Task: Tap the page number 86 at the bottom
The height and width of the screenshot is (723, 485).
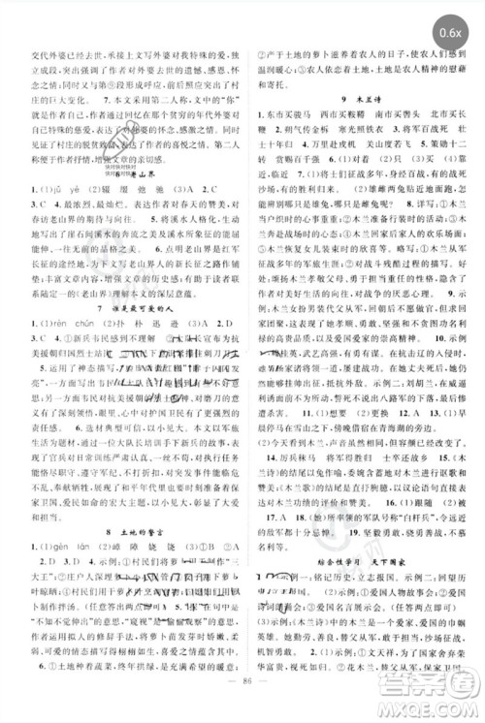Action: [242, 706]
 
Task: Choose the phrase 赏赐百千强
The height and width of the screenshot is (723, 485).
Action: [302, 187]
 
